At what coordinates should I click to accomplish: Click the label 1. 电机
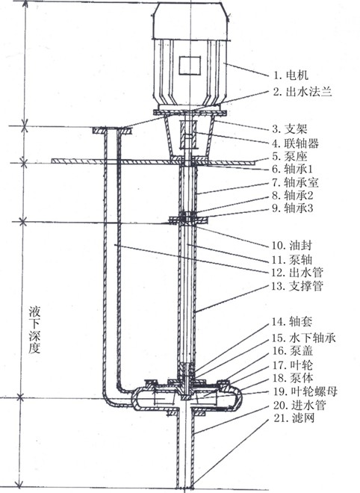pos(291,75)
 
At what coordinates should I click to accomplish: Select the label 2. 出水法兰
pos(302,91)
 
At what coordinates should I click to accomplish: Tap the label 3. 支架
pos(290,129)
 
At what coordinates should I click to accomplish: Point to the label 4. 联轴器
pos(296,143)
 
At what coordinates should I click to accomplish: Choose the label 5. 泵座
pos(290,156)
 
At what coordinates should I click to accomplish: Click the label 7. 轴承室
pos(296,182)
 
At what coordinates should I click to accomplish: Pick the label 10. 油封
pos(292,245)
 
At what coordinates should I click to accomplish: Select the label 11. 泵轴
pos(292,259)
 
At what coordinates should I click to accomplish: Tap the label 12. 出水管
pos(297,273)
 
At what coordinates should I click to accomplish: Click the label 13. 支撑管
pos(297,286)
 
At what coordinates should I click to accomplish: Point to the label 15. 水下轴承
pos(304,338)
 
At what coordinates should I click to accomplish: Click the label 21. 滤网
pos(294,418)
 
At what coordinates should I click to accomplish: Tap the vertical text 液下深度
pos(34,330)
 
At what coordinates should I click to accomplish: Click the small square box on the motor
pos(190,66)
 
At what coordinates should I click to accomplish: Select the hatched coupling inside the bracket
pos(188,135)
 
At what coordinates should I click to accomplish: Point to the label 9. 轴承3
pos(293,208)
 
